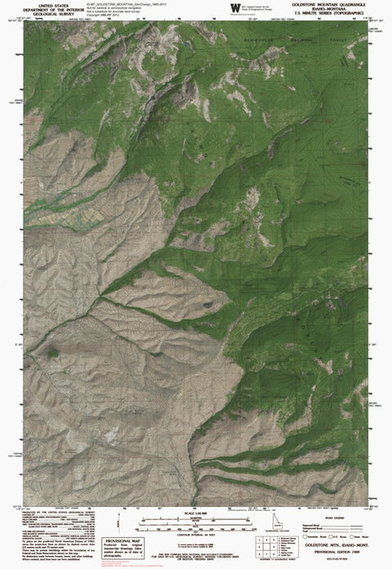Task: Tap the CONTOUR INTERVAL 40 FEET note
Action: click(x=196, y=531)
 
